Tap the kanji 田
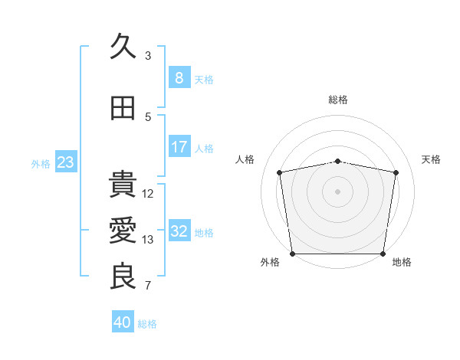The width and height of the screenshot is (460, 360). tap(123, 108)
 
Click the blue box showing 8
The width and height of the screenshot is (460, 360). tap(179, 78)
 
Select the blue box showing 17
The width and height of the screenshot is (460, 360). tap(179, 147)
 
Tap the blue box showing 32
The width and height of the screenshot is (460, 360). tap(179, 231)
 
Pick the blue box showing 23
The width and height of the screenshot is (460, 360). tap(65, 162)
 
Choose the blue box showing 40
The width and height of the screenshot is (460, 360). tap(122, 322)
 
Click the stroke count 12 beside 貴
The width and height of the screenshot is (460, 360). tap(149, 194)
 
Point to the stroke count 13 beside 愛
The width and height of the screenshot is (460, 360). tap(149, 240)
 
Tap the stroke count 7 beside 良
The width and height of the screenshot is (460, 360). tap(148, 286)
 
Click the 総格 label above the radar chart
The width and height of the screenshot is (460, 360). tap(338, 100)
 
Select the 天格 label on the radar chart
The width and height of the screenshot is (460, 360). tap(431, 159)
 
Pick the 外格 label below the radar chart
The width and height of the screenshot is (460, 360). tap(270, 262)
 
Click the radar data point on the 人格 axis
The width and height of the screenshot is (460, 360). tap(281, 172)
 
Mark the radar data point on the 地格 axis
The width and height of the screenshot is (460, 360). tap(383, 253)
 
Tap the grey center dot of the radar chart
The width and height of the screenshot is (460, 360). tap(338, 191)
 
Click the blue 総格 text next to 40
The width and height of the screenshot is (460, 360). tap(147, 324)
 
